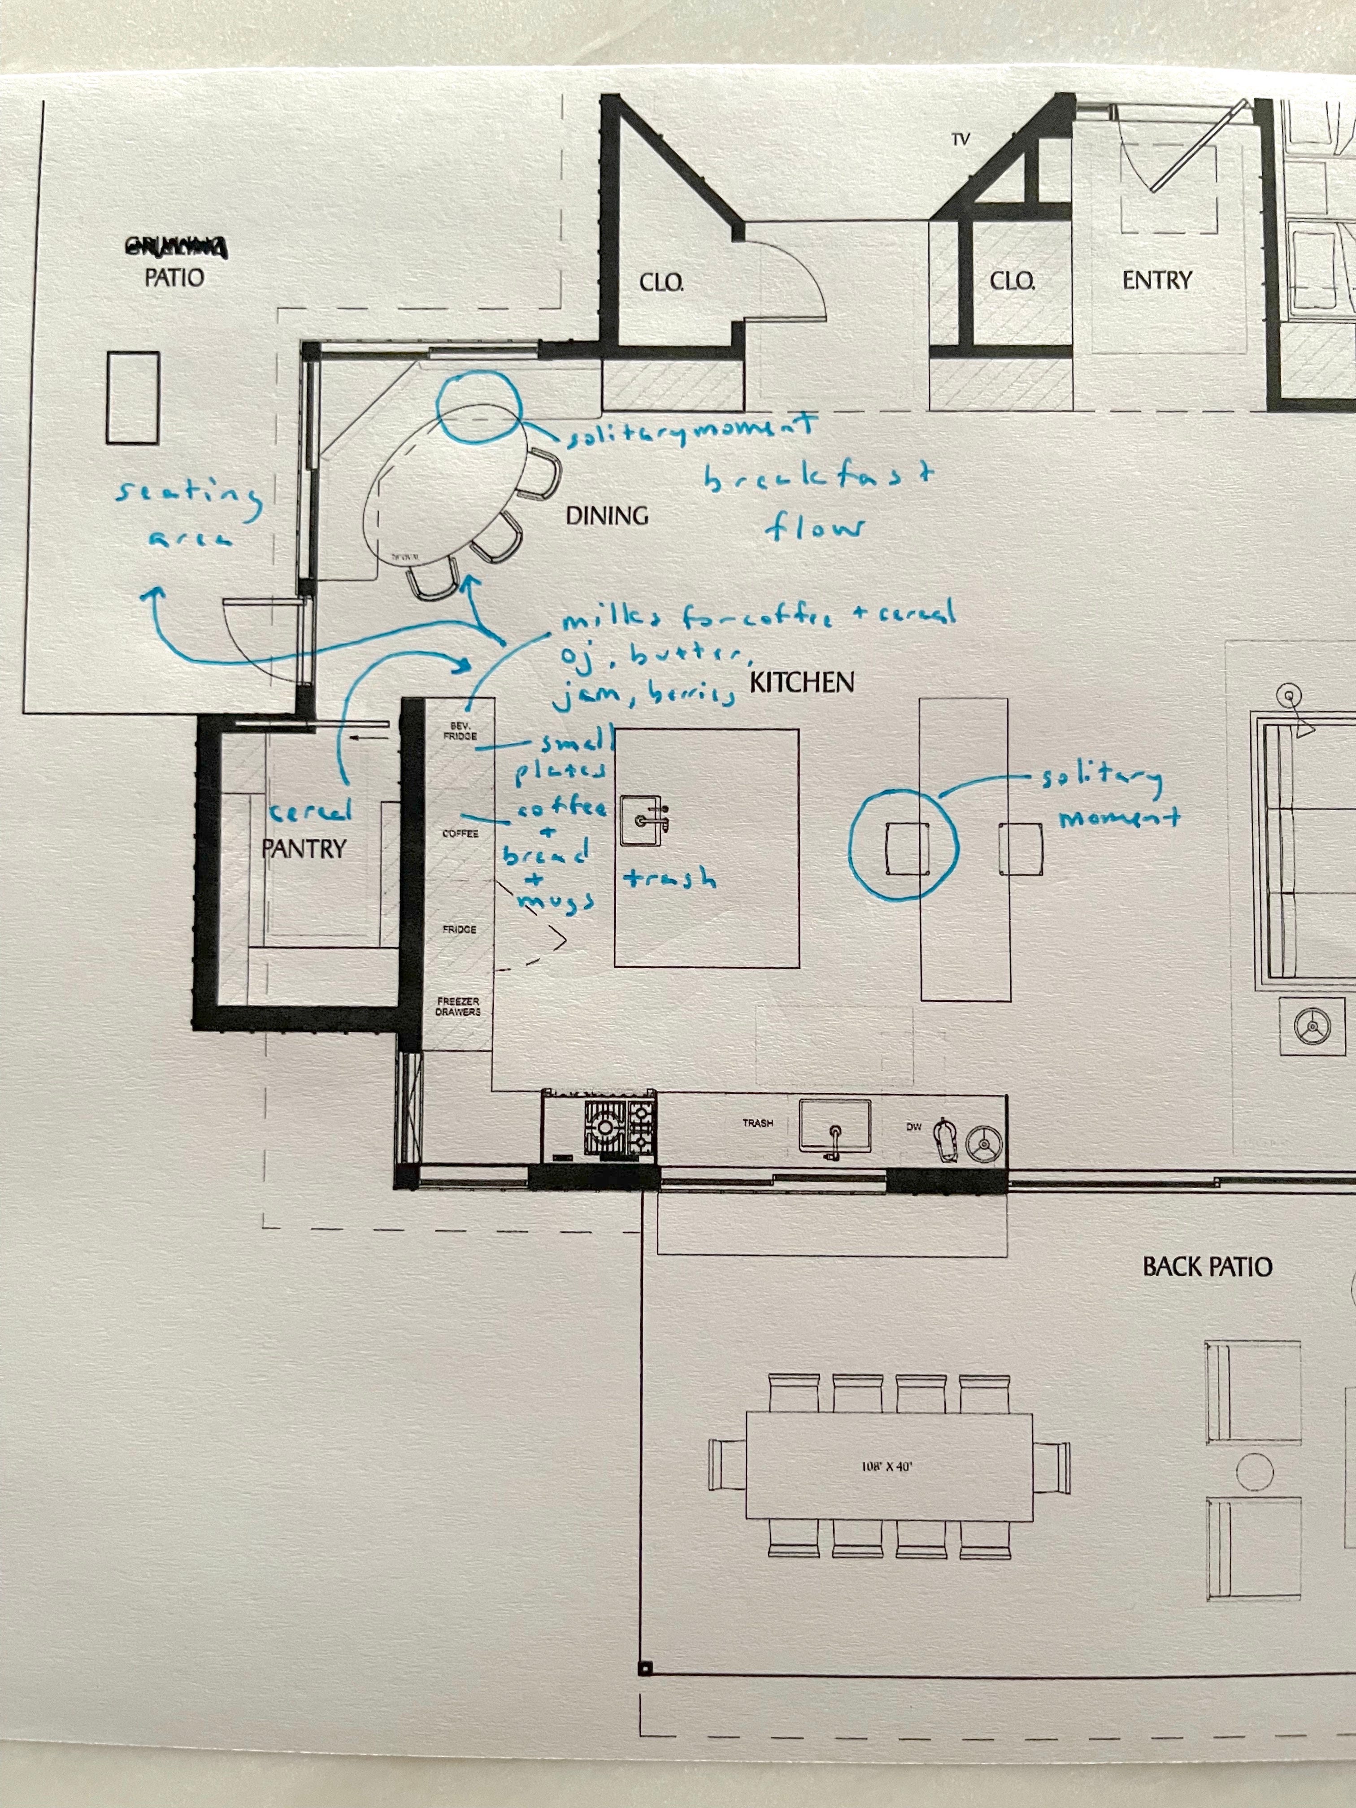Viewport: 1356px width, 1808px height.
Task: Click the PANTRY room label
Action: click(x=304, y=848)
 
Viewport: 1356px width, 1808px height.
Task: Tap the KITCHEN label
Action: click(x=802, y=682)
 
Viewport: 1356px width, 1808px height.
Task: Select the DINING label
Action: click(x=607, y=516)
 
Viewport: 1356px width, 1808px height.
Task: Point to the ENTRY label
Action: click(x=1156, y=280)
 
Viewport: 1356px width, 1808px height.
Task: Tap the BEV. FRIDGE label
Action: click(x=459, y=731)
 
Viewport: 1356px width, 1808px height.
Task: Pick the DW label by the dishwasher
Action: click(x=914, y=1126)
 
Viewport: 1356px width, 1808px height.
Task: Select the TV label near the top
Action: click(x=960, y=140)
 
